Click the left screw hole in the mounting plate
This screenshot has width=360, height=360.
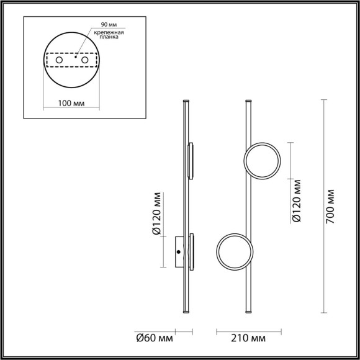point(60,60)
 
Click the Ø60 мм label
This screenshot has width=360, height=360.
point(155,338)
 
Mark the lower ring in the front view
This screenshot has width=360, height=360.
point(234,252)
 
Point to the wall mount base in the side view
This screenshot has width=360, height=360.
point(179,251)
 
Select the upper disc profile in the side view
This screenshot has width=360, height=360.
point(191,161)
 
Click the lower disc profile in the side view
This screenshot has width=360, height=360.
point(192,251)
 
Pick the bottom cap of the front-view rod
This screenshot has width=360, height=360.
point(250,312)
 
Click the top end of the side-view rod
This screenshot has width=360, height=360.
point(185,99)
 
